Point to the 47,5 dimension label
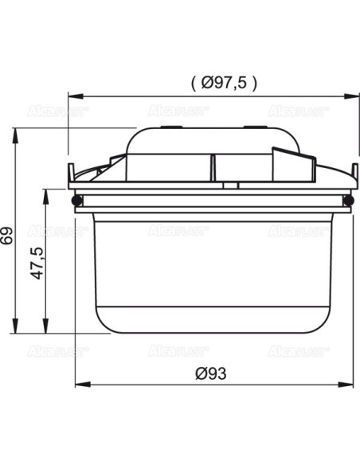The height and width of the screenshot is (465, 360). click(37, 263)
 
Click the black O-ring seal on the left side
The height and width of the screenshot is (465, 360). click(76, 201)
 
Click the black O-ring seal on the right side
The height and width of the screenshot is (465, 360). click(350, 201)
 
